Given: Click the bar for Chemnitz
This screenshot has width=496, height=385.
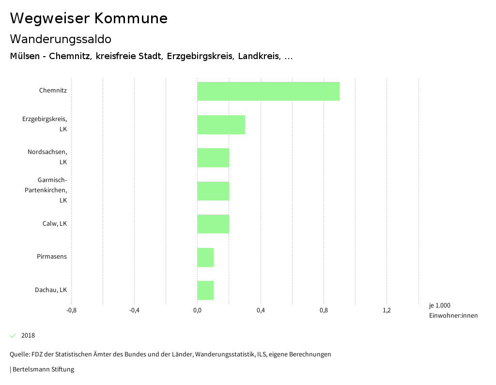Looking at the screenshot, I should [x=268, y=91].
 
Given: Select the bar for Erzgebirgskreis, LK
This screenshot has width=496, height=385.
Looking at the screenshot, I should [x=221, y=124].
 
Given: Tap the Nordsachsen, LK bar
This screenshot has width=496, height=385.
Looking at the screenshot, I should [x=213, y=157].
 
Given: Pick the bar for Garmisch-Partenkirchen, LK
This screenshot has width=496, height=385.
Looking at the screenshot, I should [x=213, y=191].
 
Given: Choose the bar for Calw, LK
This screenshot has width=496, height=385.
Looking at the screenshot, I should [x=213, y=224].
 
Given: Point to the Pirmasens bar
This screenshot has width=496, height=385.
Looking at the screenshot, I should [x=205, y=257].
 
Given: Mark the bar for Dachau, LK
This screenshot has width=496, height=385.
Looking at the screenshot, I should [x=205, y=290].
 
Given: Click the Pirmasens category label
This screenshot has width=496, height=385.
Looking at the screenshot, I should [x=52, y=256].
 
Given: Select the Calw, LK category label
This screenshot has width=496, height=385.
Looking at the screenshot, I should [x=55, y=224].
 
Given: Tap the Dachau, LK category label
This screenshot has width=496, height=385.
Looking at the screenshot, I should [x=51, y=290].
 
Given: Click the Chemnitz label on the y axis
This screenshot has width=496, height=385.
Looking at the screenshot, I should [x=53, y=90].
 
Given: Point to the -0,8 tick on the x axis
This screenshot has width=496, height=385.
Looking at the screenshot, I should [x=71, y=310].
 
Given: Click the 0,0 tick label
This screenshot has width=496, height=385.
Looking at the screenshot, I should [x=197, y=310].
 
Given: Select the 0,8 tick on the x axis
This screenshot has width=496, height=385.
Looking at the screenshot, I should [x=324, y=310].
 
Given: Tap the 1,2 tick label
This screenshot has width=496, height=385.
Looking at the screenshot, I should [x=387, y=310].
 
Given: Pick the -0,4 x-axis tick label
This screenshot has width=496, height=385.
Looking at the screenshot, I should [x=134, y=310].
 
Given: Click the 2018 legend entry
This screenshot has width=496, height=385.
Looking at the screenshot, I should [x=28, y=336].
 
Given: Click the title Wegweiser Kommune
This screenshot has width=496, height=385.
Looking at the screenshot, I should [x=89, y=18].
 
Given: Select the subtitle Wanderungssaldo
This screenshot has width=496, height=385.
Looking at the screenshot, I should [x=61, y=39].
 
